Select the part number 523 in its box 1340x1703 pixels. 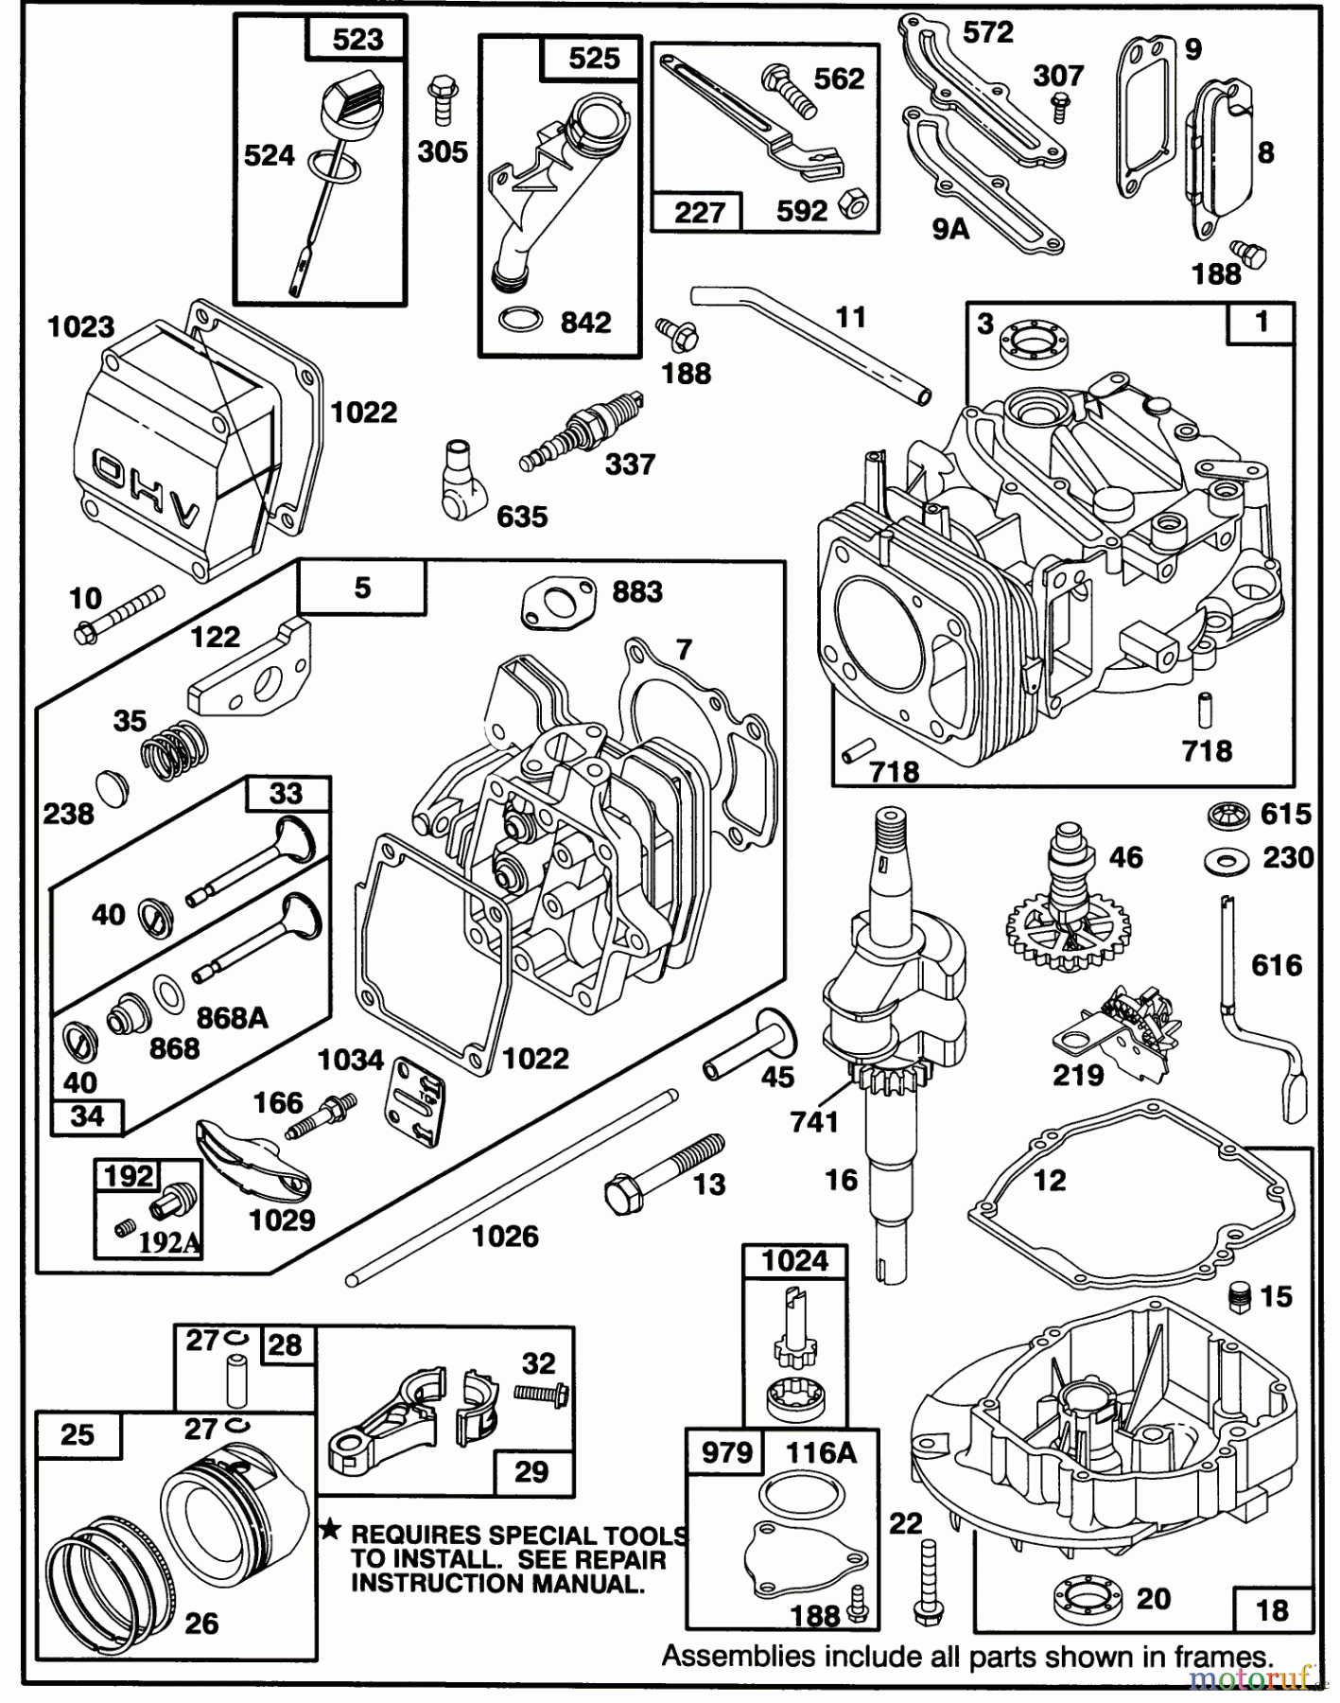coord(358,39)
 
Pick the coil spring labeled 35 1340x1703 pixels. coord(176,752)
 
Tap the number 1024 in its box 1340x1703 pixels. coord(795,1261)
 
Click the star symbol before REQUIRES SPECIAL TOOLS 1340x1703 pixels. coord(330,1530)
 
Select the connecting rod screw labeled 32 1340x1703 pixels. coord(541,1393)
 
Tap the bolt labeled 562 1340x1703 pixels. coord(789,93)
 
